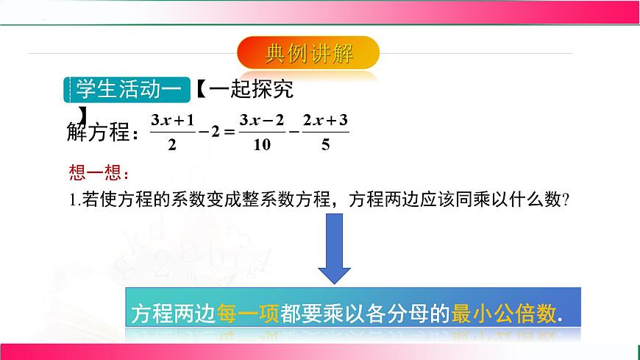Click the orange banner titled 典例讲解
pos(309,54)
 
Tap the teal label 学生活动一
pos(128,89)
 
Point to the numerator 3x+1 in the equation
pos(171,119)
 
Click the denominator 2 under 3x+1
pos(171,145)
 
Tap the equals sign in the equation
pos(228,133)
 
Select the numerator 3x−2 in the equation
pos(261,119)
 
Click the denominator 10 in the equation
pos(261,145)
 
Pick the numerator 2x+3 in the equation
pos(324,119)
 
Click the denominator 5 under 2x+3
pos(324,145)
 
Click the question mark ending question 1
pos(568,200)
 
